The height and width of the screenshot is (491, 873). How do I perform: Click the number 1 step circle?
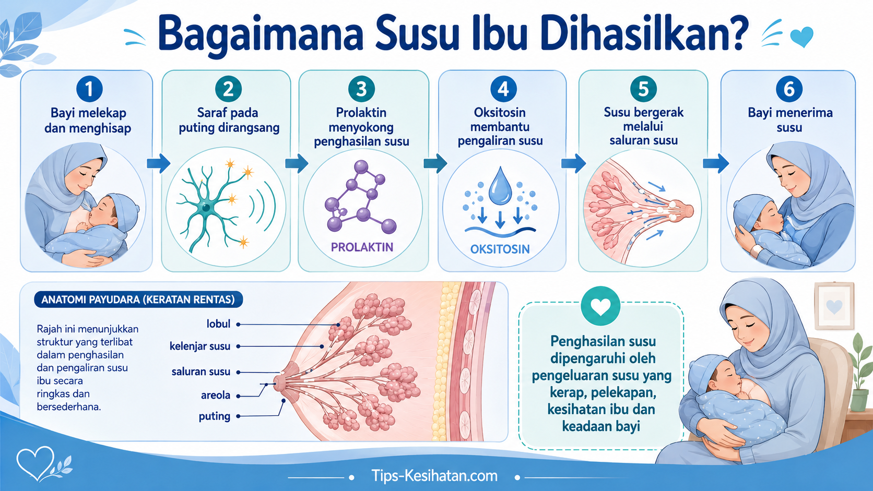[x=90, y=89]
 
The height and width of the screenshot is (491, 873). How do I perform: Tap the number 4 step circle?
[x=503, y=89]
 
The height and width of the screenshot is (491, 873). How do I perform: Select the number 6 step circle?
[x=789, y=89]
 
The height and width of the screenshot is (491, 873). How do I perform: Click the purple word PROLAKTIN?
[x=362, y=247]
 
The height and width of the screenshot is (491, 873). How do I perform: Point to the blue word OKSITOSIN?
[x=500, y=249]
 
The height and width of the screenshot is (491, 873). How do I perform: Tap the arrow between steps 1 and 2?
[x=159, y=163]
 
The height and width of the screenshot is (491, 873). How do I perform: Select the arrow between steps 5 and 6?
[x=715, y=163]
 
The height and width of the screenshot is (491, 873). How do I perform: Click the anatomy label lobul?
[x=218, y=324]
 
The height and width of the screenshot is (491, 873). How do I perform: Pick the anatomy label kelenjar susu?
[x=200, y=346]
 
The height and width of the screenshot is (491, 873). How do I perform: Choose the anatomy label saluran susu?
[x=200, y=372]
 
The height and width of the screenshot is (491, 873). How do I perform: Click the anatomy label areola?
[x=216, y=396]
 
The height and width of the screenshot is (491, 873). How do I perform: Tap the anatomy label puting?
[x=215, y=416]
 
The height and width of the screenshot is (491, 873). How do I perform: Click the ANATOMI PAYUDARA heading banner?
[x=138, y=300]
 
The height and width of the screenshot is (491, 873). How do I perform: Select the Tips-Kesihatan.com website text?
[x=434, y=476]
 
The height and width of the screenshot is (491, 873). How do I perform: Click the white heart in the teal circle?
[x=600, y=306]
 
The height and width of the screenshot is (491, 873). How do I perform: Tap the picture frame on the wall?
[x=834, y=306]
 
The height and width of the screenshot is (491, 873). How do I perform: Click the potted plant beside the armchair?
[x=862, y=374]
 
